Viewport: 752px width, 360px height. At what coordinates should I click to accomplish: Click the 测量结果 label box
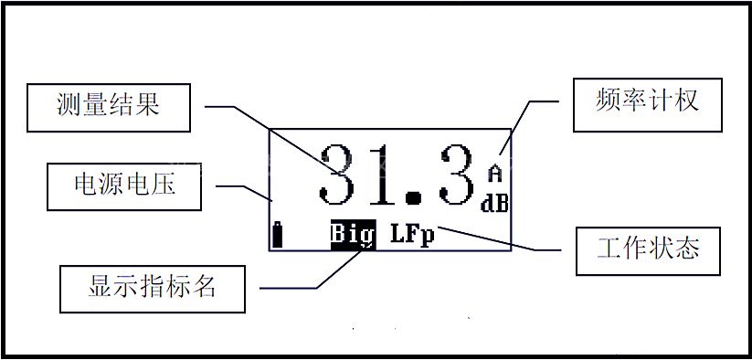109,108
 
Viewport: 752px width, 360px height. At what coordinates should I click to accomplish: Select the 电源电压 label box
124,186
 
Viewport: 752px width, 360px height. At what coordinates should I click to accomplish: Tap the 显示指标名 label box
153,289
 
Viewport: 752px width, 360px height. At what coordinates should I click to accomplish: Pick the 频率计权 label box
648,105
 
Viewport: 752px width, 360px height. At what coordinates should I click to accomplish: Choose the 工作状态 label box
648,251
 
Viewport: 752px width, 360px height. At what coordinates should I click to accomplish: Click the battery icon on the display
277,235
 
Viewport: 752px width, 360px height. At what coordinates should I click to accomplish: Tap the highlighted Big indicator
354,235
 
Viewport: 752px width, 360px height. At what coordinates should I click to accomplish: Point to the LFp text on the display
412,235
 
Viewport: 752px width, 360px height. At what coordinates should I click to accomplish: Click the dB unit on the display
494,204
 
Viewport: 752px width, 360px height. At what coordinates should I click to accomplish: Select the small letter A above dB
495,173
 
